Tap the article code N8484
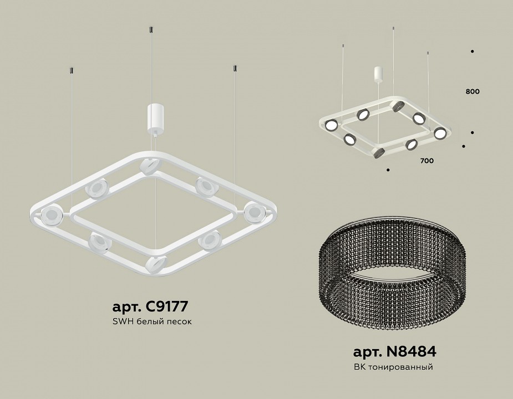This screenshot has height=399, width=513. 394,351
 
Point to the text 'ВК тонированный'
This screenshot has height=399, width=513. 393,367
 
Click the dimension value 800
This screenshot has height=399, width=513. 473,91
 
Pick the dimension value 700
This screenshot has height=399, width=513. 426,161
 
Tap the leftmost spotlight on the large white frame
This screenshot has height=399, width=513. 50,213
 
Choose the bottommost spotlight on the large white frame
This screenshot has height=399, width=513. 155,263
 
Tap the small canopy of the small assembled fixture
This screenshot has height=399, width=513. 378,74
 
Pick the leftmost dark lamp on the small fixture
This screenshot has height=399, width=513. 331,125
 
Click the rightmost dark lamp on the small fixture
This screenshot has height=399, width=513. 440,133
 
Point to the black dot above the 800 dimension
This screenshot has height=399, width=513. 472,52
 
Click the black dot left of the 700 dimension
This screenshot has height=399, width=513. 388,169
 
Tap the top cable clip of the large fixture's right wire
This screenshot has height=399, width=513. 235,68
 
